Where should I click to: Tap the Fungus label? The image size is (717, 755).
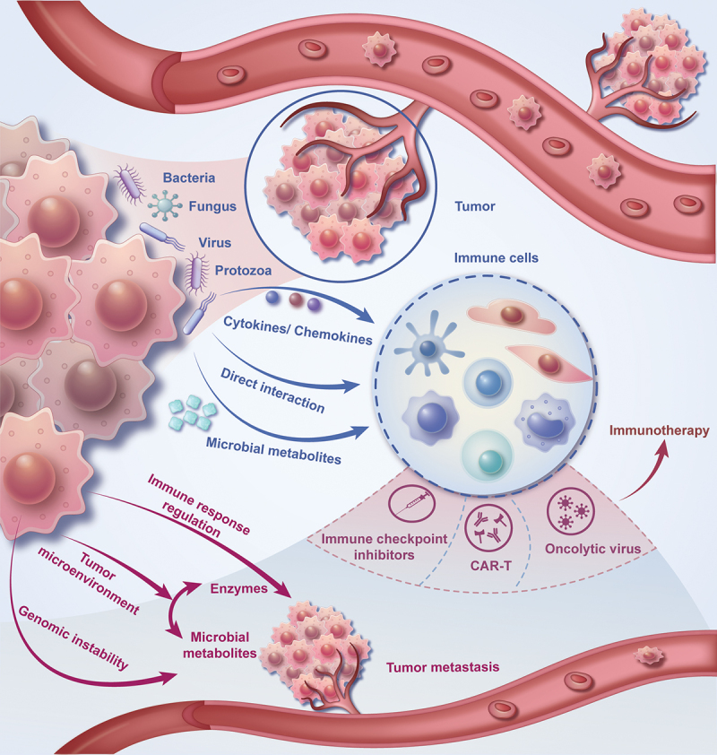pyautogui.click(x=212, y=206)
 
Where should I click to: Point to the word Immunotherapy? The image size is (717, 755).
pyautogui.click(x=660, y=430)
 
